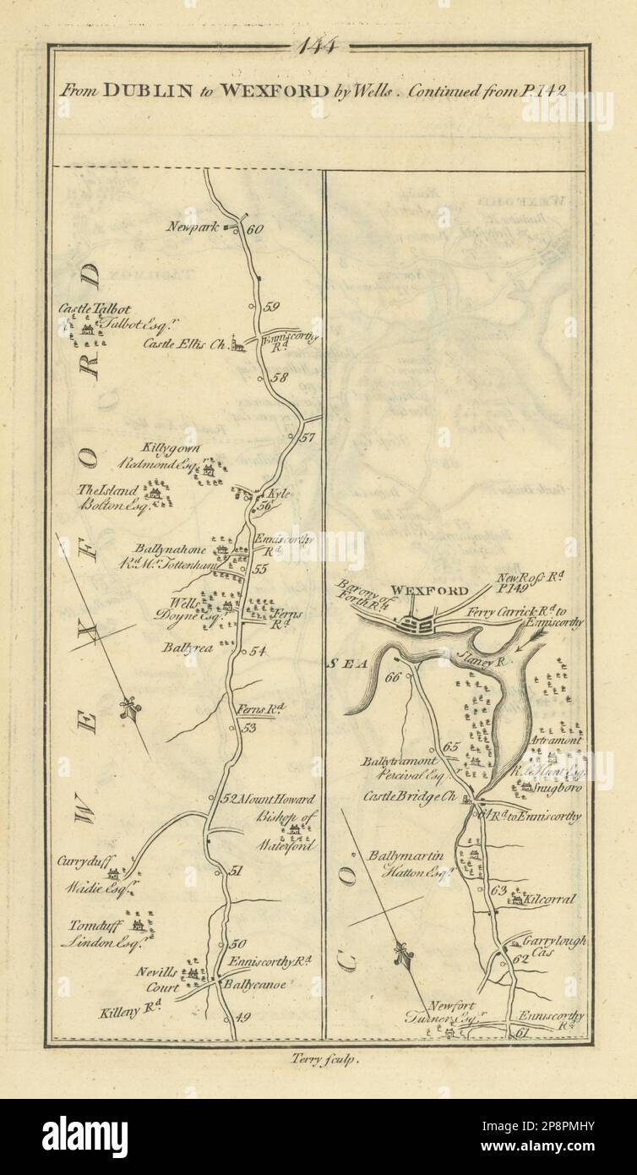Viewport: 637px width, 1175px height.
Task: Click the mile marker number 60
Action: point(257,228)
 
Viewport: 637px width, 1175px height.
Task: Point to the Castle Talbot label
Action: point(95,309)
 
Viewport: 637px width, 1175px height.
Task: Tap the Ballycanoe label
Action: point(253,985)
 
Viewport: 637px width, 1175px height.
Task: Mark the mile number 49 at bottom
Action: point(245,1018)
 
